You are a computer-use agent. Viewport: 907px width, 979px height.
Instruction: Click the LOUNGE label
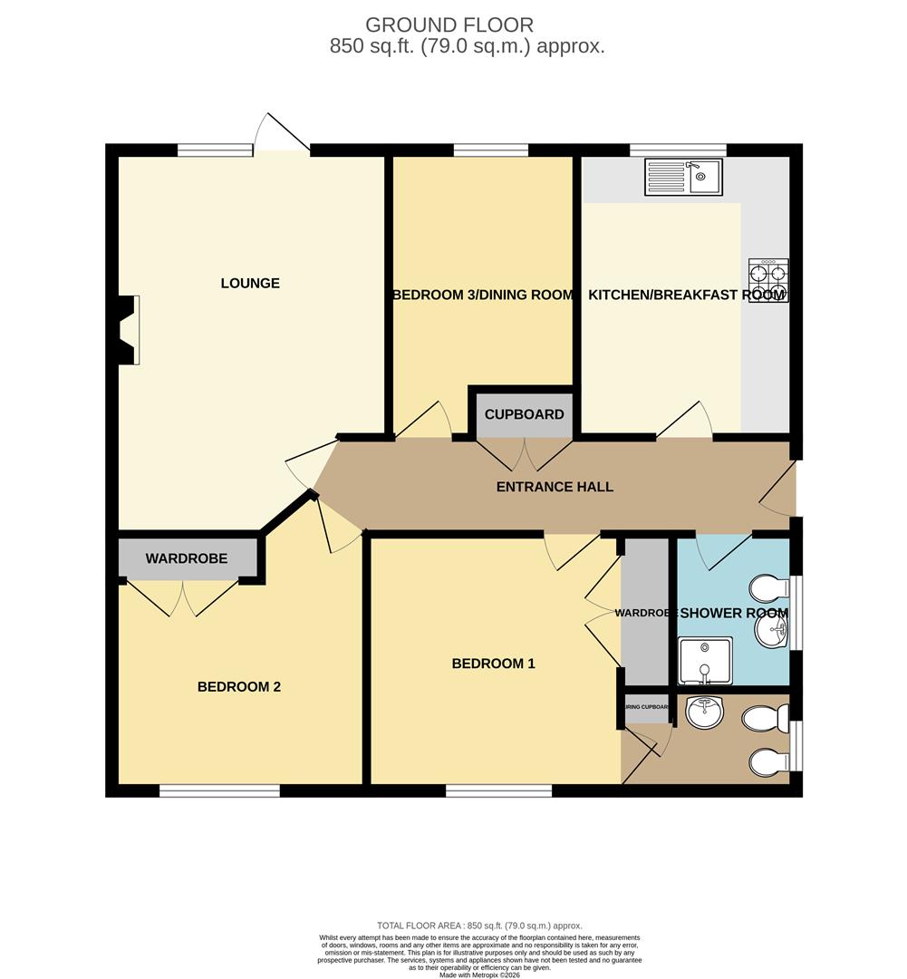(250, 283)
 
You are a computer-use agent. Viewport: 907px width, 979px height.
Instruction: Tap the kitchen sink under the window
(682, 177)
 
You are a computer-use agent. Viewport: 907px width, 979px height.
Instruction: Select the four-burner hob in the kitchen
(767, 280)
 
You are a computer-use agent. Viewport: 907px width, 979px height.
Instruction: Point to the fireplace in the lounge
(128, 330)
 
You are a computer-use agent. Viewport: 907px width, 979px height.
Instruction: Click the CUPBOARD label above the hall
(524, 414)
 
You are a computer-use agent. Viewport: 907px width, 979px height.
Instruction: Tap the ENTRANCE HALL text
(555, 487)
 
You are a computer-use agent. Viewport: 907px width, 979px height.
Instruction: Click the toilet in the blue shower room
(769, 588)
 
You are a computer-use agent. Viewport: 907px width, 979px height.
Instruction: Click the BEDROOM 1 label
(493, 664)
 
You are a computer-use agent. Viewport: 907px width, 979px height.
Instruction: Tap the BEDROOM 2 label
(238, 687)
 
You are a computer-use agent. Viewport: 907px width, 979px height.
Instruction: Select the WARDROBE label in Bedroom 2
(186, 558)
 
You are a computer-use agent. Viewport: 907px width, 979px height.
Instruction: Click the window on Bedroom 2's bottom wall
(219, 791)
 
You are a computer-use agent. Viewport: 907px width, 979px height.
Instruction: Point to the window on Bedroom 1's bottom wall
(498, 791)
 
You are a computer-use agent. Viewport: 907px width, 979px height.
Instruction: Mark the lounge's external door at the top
(282, 136)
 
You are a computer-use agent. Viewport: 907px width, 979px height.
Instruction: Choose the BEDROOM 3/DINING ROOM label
(482, 295)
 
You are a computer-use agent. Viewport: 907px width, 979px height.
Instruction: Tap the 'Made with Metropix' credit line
(481, 974)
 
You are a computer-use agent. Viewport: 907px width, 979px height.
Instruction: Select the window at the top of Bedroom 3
(490, 150)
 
